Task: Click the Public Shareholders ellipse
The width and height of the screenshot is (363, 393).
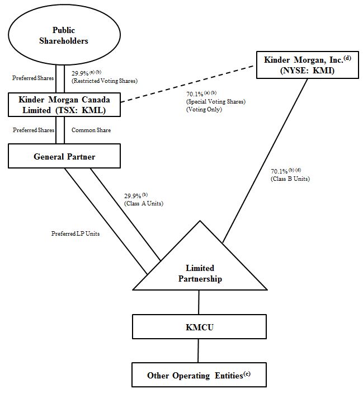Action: (71, 35)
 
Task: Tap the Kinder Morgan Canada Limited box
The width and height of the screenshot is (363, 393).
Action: (64, 105)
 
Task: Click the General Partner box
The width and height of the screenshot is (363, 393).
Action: (64, 156)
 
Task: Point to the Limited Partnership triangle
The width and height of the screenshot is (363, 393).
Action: (200, 269)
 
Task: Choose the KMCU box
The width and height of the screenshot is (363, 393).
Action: (199, 327)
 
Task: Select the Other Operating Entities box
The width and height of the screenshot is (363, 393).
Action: (199, 375)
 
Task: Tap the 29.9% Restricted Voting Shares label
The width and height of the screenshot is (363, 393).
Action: (104, 77)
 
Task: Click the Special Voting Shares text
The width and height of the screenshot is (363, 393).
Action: (215, 102)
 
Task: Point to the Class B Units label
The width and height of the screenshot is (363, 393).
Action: (290, 179)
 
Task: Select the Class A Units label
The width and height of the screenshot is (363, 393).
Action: (144, 203)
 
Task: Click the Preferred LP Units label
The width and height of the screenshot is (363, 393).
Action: (75, 233)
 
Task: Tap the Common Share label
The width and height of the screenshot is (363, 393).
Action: (91, 130)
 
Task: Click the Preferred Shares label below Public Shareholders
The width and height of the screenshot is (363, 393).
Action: (32, 78)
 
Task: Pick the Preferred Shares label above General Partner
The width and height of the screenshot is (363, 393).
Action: (32, 130)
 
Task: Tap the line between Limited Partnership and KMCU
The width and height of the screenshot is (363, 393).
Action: (199, 302)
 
